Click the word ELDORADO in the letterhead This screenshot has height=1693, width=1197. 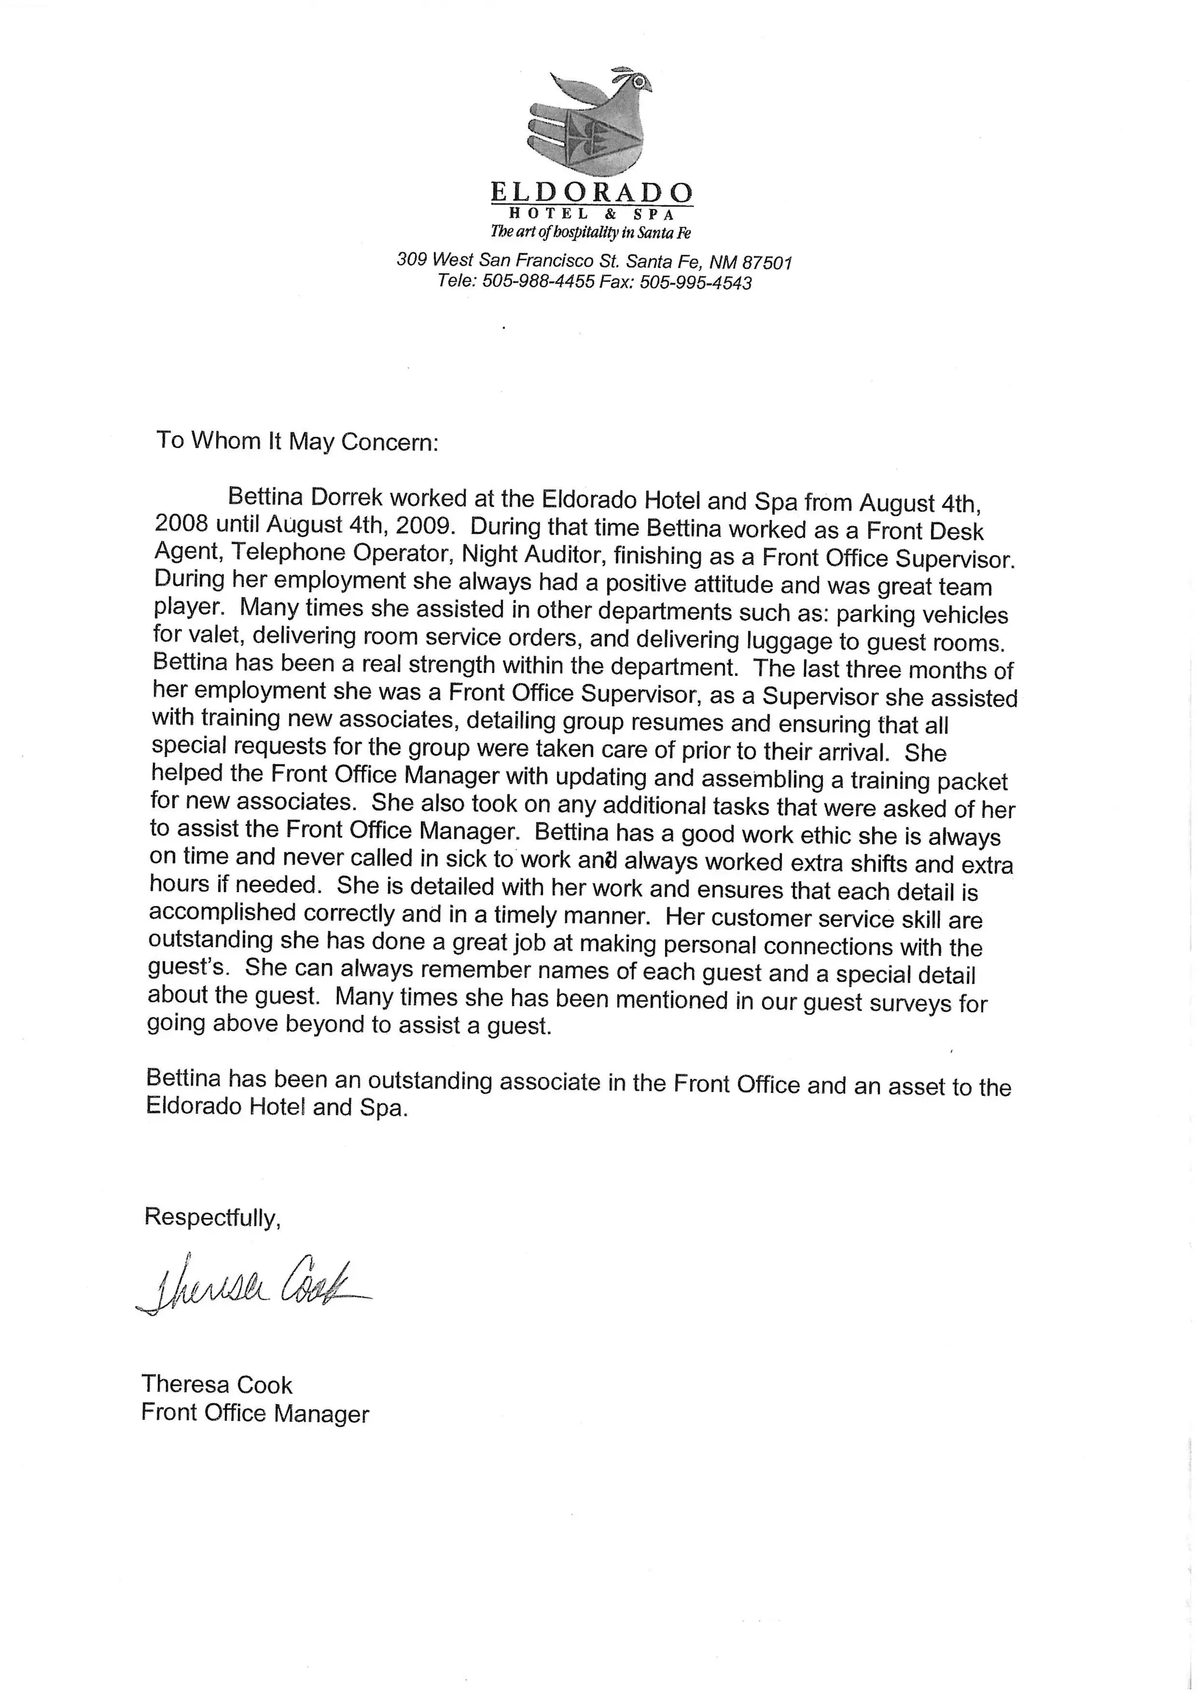591,193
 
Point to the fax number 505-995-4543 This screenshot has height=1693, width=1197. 695,283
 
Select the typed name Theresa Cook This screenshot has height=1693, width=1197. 217,1385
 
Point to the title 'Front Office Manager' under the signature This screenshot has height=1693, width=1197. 255,1413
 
